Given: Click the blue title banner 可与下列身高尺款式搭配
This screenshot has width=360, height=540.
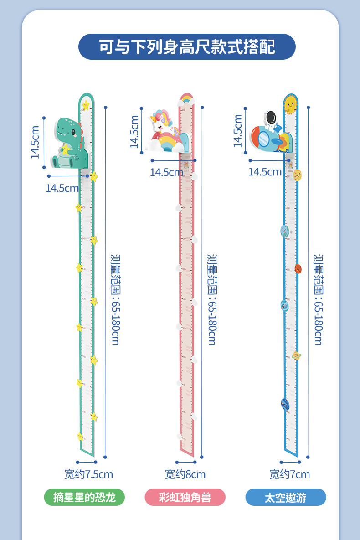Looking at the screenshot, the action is point(187,47).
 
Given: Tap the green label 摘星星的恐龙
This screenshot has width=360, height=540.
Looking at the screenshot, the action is point(84,497).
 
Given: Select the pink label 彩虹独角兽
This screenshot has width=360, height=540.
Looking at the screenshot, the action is point(185,497).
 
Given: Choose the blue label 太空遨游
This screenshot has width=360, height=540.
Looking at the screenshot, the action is point(286,497).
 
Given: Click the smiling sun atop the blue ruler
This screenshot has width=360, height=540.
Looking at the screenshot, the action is point(290,105).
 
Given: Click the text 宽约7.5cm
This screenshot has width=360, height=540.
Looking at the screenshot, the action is point(88,474).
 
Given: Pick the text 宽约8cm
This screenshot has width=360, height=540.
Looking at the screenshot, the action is point(185,474).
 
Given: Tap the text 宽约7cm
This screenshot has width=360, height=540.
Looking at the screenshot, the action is point(289,474).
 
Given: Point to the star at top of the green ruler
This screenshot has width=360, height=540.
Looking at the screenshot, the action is point(86,106).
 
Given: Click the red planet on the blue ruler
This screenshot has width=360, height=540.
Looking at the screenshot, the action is point(298,268).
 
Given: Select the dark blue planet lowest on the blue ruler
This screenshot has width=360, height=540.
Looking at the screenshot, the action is point(285,403).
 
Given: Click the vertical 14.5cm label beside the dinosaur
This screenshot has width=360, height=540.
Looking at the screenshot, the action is point(35,142).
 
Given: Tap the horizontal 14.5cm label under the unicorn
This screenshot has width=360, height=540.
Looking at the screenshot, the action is point(166,172).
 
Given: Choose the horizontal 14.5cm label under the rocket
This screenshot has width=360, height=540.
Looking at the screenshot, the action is point(265,172).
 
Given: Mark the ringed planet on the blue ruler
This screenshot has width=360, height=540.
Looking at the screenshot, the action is point(296,355).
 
